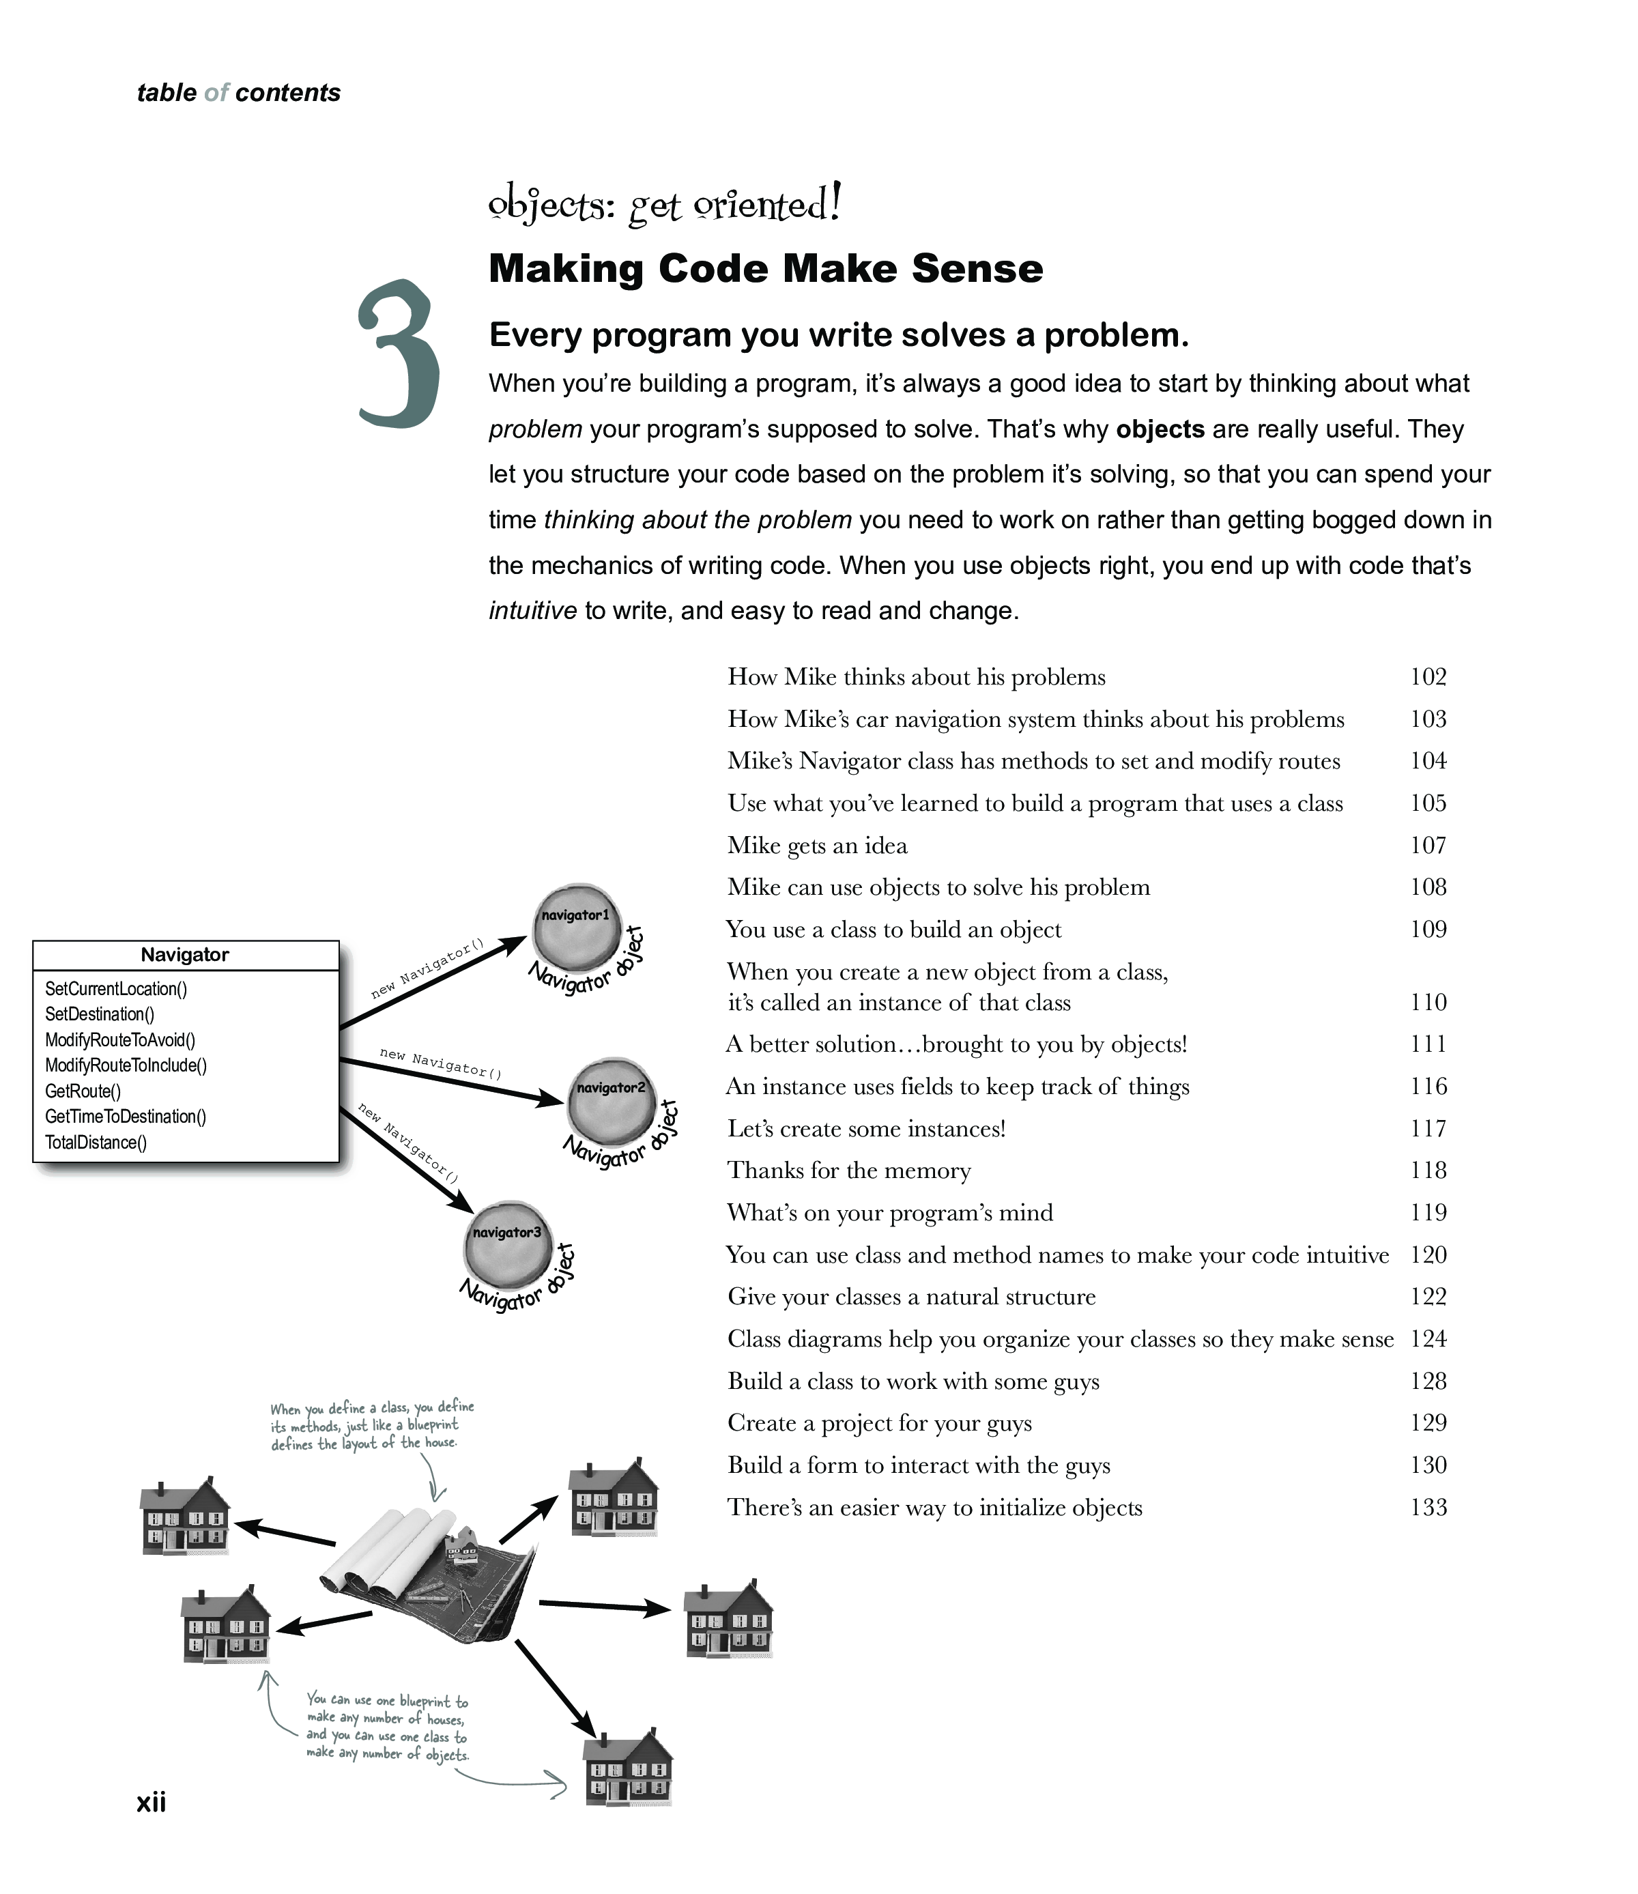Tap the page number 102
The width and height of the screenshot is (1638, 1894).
pyautogui.click(x=1428, y=677)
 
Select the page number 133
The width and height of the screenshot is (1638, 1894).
pyautogui.click(x=1428, y=1507)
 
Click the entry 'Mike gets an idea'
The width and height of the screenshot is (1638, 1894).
pyautogui.click(x=817, y=846)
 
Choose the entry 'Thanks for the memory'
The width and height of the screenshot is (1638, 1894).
pyautogui.click(x=849, y=1171)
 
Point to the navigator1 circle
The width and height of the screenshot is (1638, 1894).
pyautogui.click(x=576, y=924)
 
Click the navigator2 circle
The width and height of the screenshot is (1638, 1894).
pyautogui.click(x=611, y=1100)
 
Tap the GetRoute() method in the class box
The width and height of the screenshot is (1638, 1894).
pyautogui.click(x=83, y=1091)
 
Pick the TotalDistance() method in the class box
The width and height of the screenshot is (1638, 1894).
pyautogui.click(x=96, y=1143)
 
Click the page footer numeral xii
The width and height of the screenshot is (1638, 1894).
pyautogui.click(x=151, y=1802)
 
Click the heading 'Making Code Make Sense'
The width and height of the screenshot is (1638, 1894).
pyautogui.click(x=766, y=269)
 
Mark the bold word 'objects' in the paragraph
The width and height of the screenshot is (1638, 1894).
pyautogui.click(x=1160, y=429)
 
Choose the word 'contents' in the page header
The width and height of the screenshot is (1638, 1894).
pyautogui.click(x=287, y=92)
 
